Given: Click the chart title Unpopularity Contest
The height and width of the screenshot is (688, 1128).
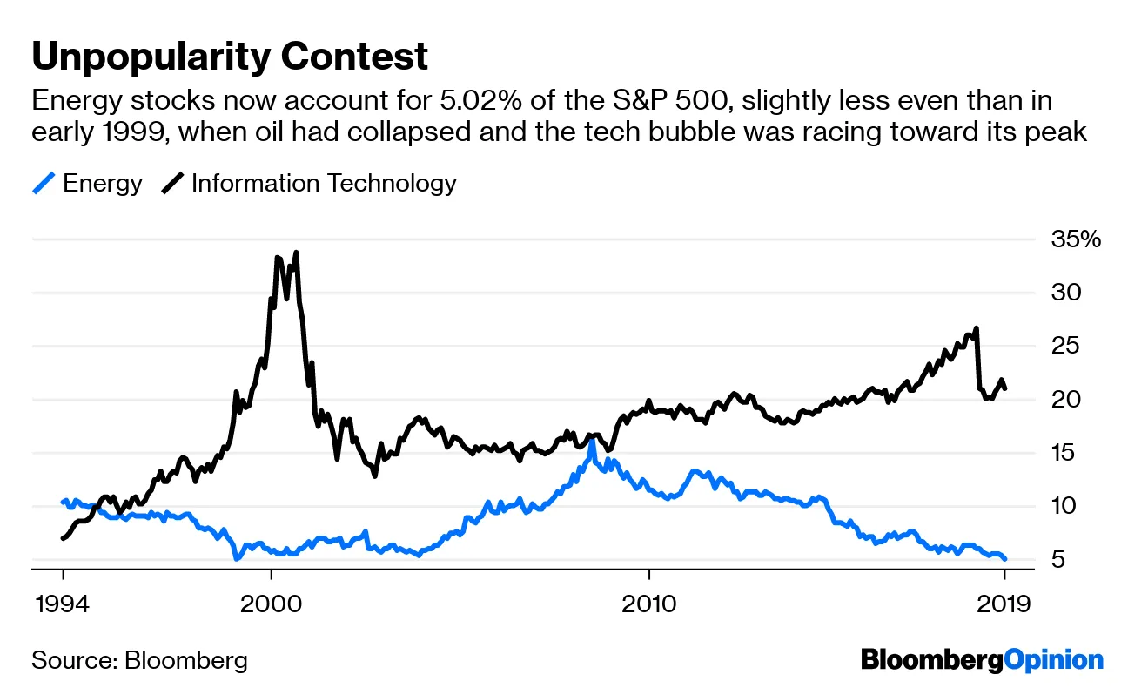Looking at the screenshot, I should pyautogui.click(x=230, y=57).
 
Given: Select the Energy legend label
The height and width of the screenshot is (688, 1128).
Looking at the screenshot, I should pyautogui.click(x=103, y=184).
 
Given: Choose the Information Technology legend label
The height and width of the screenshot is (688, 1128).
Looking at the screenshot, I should pyautogui.click(x=323, y=184).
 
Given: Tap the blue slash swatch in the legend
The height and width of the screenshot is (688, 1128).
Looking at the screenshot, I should pyautogui.click(x=44, y=184).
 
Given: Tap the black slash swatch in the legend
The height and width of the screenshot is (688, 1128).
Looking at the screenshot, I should pyautogui.click(x=171, y=184).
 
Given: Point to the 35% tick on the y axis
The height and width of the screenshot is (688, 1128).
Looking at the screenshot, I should pyautogui.click(x=1076, y=239).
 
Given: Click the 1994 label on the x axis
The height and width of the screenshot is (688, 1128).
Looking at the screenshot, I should pyautogui.click(x=63, y=604).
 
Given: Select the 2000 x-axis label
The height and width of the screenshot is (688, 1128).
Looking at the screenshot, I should pyautogui.click(x=271, y=604).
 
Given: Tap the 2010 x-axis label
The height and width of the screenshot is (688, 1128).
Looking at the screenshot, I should pyautogui.click(x=648, y=604).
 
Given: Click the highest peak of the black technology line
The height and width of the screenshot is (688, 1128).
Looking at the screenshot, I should pyautogui.click(x=296, y=253).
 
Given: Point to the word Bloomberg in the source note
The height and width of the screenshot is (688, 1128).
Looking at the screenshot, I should pyautogui.click(x=185, y=659).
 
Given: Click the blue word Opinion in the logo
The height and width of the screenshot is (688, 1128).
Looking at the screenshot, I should pyautogui.click(x=1053, y=659).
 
